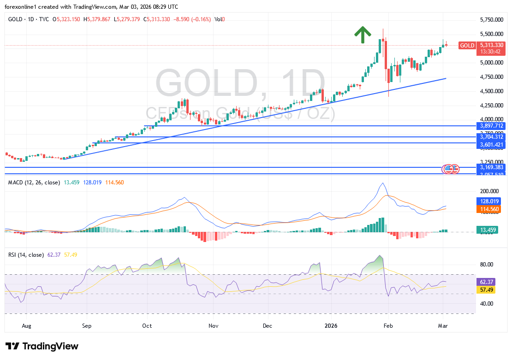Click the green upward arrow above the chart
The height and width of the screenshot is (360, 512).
pos(363,35)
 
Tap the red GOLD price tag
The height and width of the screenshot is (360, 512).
pos(467,45)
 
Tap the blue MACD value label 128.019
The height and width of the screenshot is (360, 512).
pos(490,201)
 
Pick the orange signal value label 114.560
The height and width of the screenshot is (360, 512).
pos(490,209)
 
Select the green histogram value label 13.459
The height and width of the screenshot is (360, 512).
pos(490,230)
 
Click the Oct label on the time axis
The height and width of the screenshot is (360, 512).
pos(147,326)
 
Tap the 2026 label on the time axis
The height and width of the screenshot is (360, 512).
pos(331,326)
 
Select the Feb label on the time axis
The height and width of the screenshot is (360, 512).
pos(388,326)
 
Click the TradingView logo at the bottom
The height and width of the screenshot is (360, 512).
pos(42,346)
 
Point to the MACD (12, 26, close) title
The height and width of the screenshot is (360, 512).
pos(34,183)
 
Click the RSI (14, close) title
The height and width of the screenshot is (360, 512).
pos(26,254)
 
